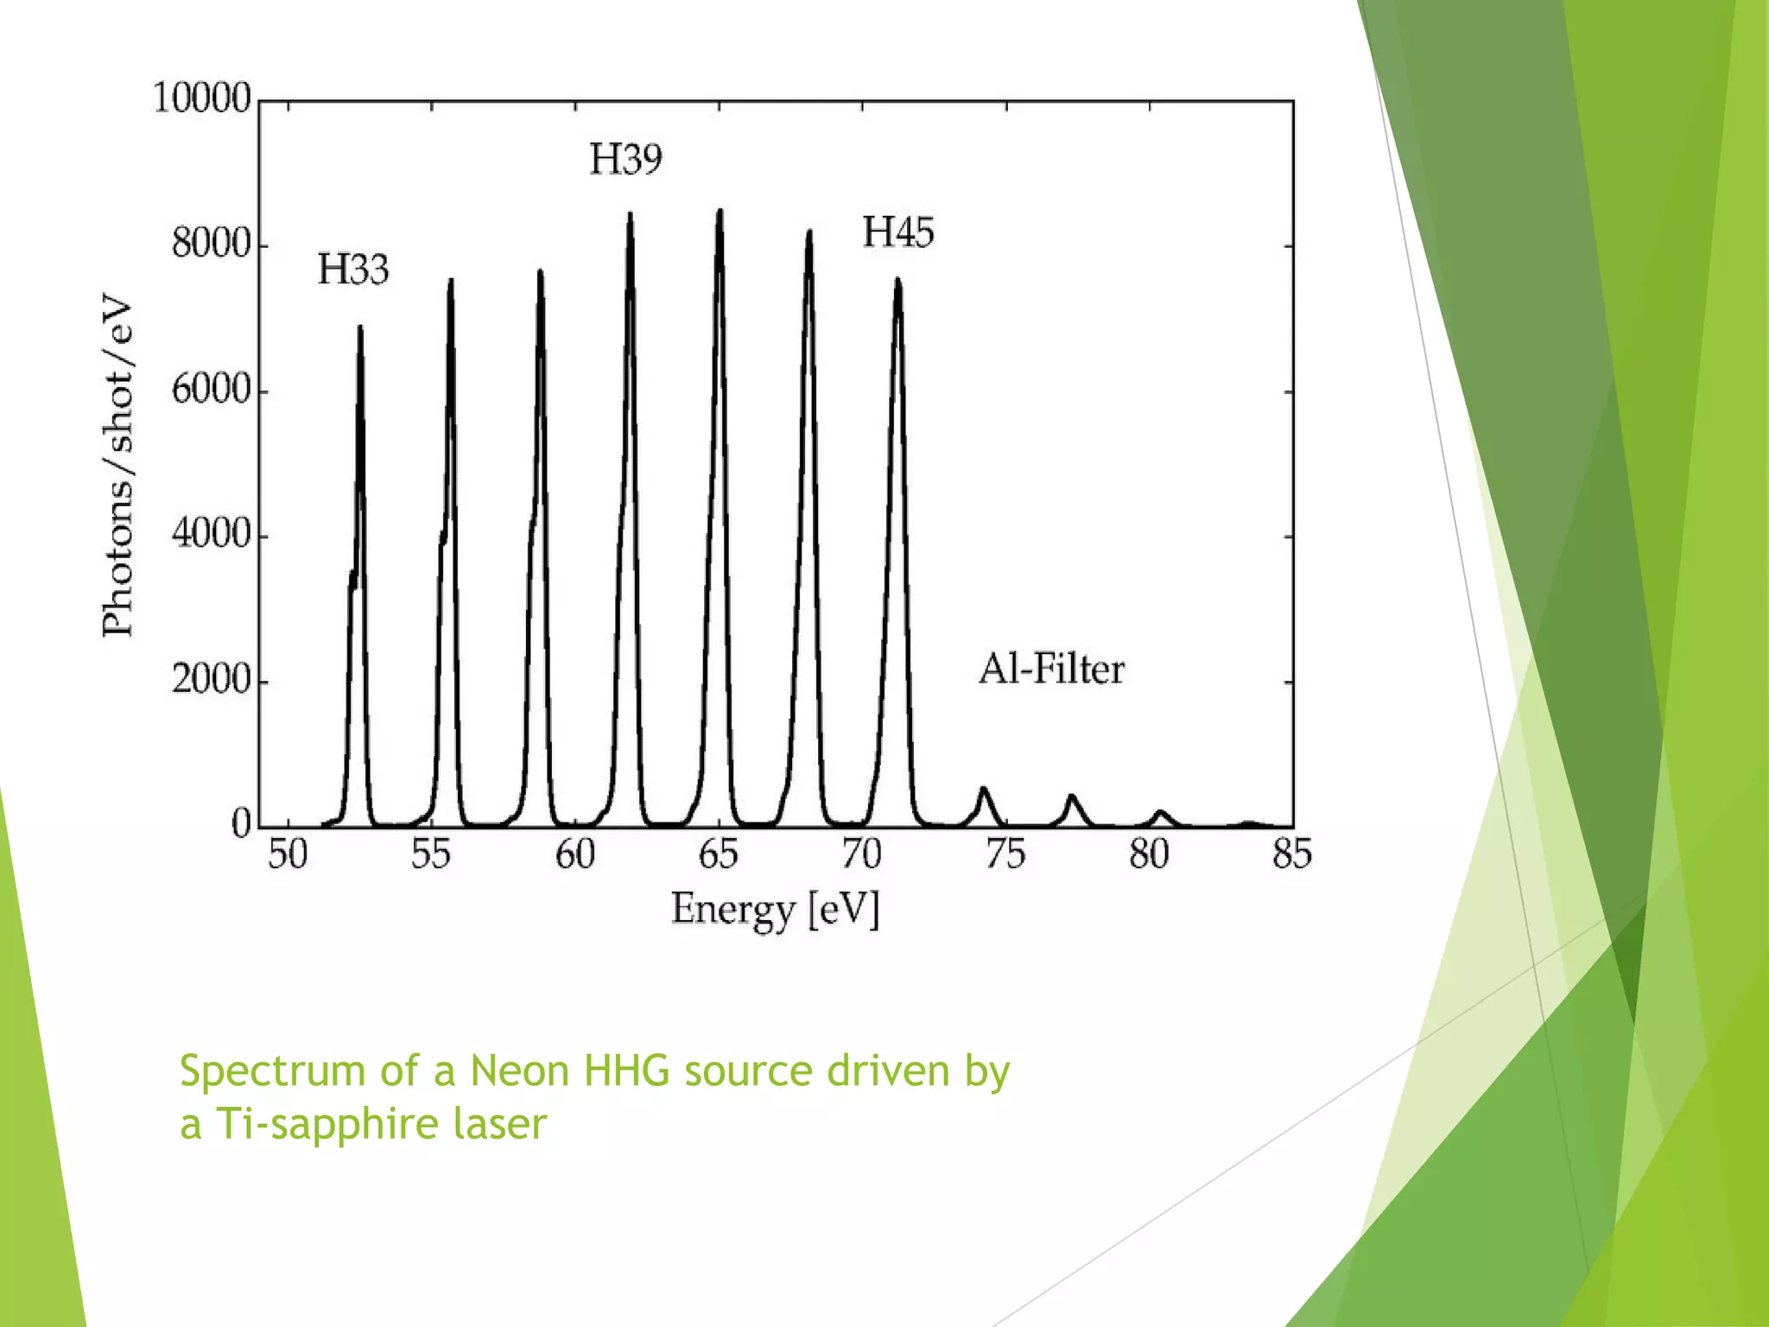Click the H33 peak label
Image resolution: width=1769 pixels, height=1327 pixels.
pyautogui.click(x=353, y=270)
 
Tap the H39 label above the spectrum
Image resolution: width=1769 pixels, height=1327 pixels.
pyautogui.click(x=625, y=160)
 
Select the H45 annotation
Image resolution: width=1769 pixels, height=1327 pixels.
pyautogui.click(x=898, y=232)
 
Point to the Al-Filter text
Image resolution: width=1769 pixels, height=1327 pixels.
pyautogui.click(x=1051, y=670)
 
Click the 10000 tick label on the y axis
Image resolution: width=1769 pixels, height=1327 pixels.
pyautogui.click(x=202, y=98)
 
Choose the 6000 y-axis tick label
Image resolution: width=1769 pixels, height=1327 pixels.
pyautogui.click(x=211, y=390)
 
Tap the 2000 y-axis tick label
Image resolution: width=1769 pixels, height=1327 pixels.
pyautogui.click(x=211, y=681)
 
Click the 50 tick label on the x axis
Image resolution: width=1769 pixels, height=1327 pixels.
pyautogui.click(x=288, y=854)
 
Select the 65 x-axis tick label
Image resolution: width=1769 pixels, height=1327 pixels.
pyautogui.click(x=719, y=854)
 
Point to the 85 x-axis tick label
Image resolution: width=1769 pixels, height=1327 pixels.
pyautogui.click(x=1292, y=854)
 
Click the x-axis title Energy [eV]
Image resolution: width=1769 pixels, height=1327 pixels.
pyautogui.click(x=775, y=910)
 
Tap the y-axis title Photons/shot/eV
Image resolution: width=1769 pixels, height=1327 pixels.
pyautogui.click(x=117, y=467)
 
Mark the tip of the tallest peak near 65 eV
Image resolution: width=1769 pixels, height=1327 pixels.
pyautogui.click(x=720, y=211)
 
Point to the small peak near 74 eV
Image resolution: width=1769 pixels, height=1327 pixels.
pyautogui.click(x=983, y=789)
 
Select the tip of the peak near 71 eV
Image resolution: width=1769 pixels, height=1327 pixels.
pyautogui.click(x=898, y=280)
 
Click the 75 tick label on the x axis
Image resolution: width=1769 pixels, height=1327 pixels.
pyautogui.click(x=1005, y=854)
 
